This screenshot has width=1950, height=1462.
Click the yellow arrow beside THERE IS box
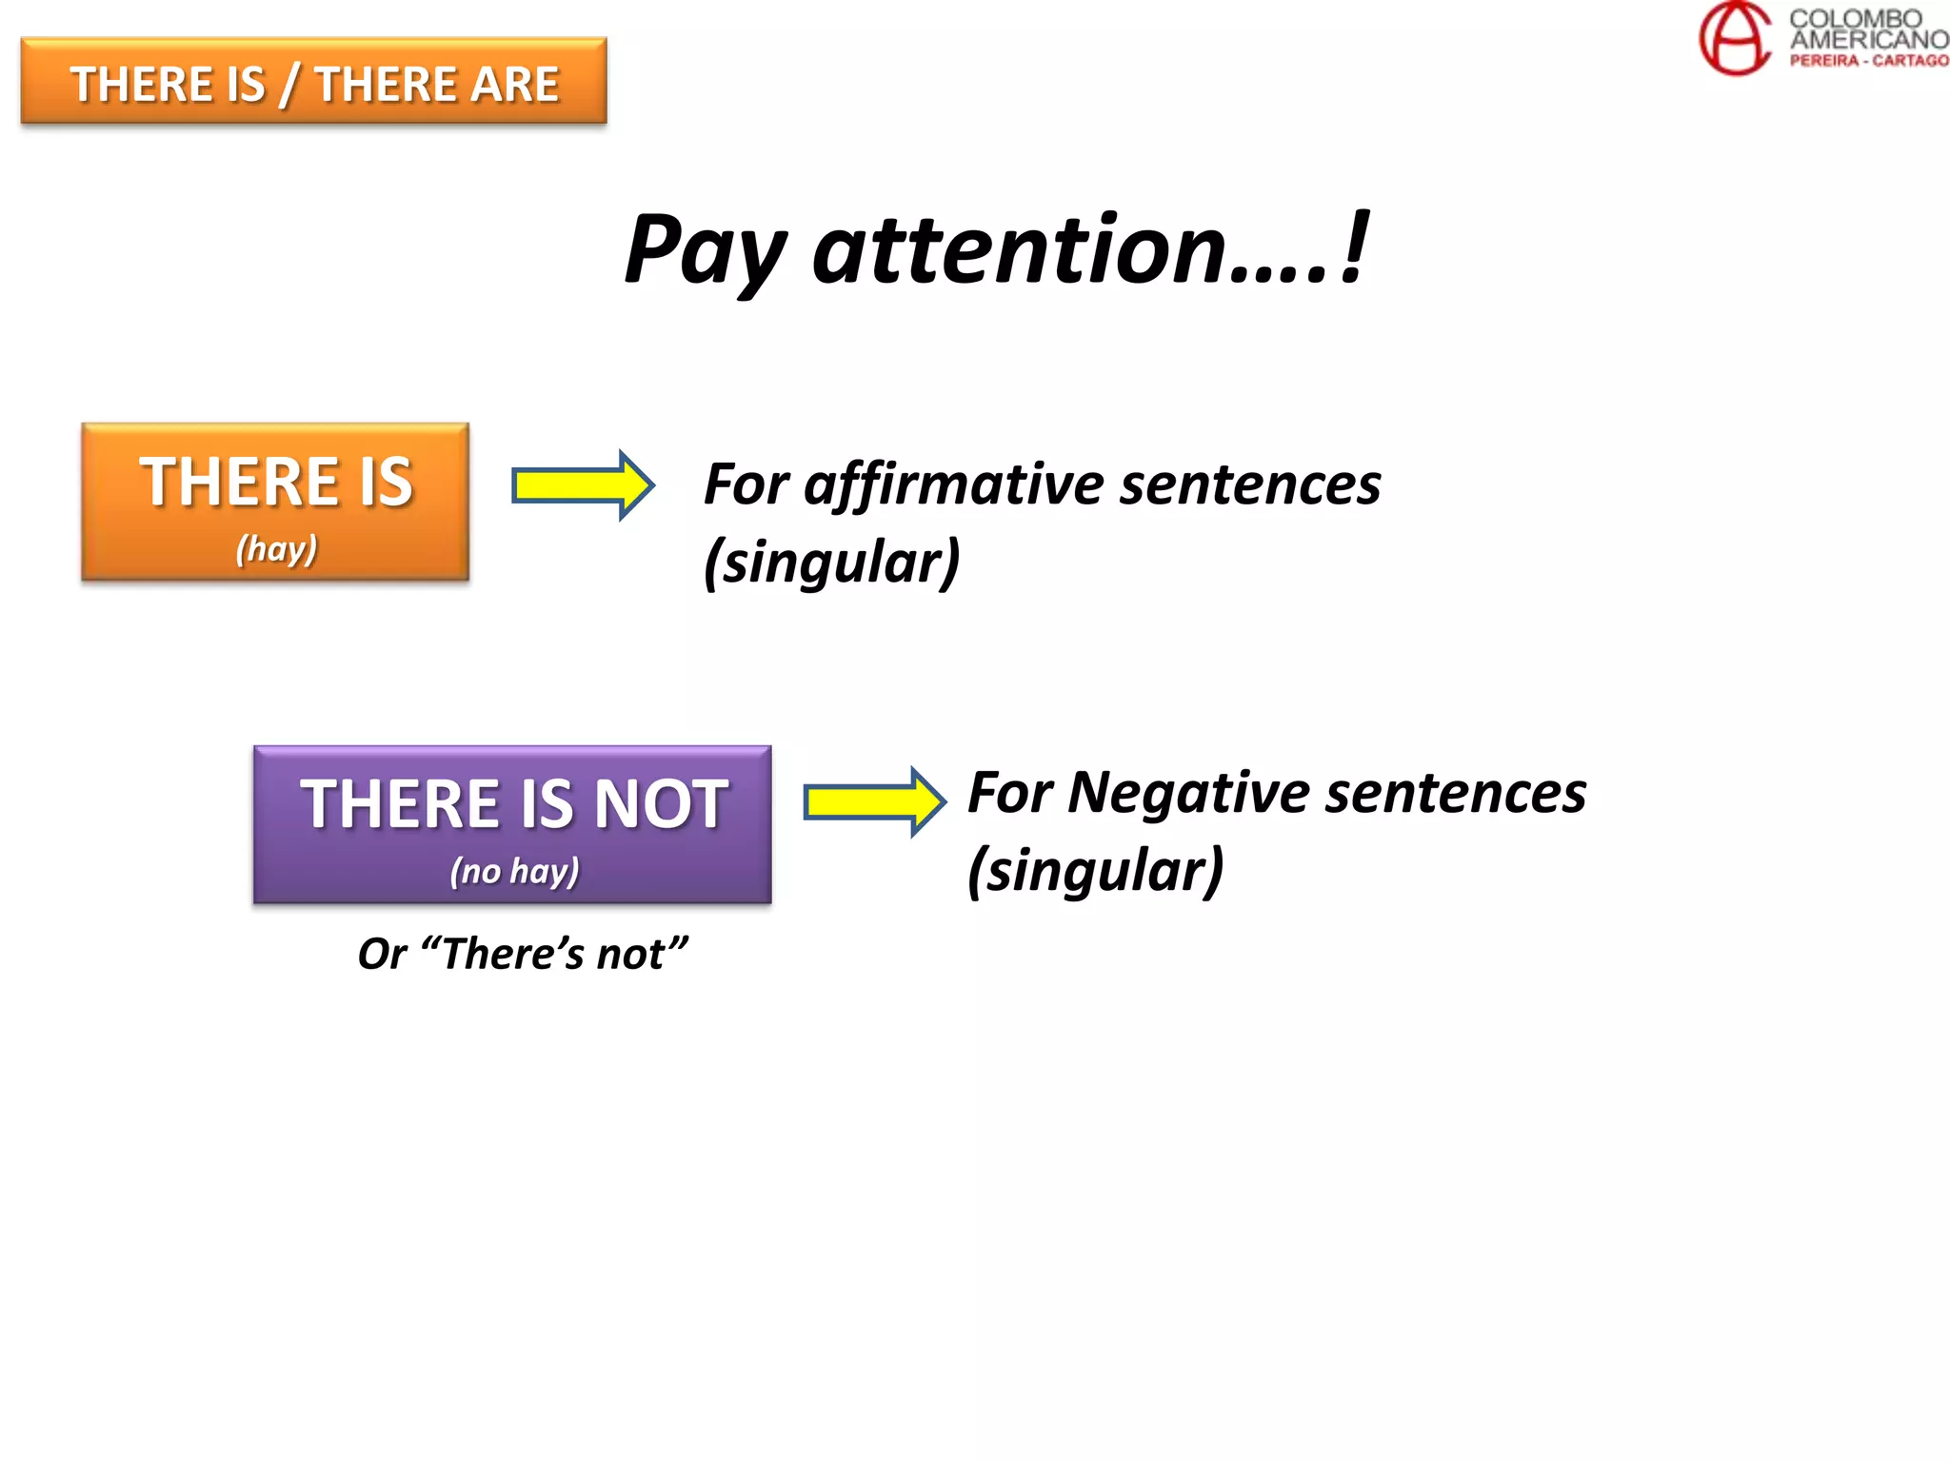pos(583,485)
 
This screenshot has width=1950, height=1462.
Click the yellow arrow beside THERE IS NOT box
pos(874,801)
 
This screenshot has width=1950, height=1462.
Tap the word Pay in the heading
pos(705,251)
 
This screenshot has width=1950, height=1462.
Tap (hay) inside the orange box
pos(276,549)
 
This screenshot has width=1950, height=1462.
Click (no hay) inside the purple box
pos(514,871)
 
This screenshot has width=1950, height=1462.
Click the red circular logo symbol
pos(1735,38)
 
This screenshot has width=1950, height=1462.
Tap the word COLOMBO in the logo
pos(1855,18)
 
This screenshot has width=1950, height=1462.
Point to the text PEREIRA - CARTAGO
pos(1868,61)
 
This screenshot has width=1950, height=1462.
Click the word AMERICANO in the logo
pos(1868,40)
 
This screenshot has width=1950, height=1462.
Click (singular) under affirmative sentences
pos(831,563)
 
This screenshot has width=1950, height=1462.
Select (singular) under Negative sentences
pos(1095,870)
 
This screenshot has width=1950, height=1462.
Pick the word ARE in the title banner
pos(514,85)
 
